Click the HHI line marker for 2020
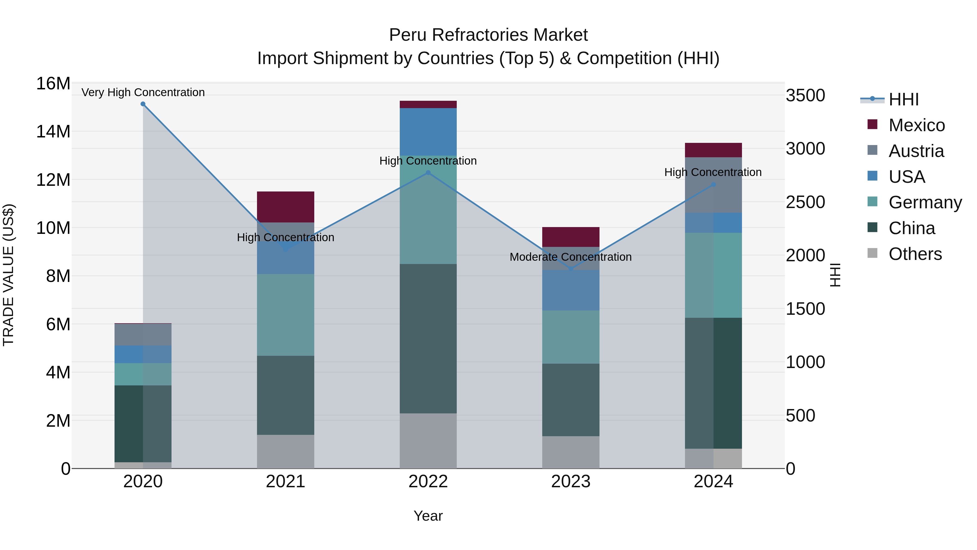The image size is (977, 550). [x=143, y=104]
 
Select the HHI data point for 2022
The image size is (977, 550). [x=428, y=173]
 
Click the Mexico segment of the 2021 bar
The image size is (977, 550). [x=286, y=207]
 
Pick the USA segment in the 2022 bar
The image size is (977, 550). [x=428, y=132]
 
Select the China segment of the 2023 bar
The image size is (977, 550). [x=571, y=400]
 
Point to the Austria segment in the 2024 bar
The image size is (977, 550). [x=713, y=185]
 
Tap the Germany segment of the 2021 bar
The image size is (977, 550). [x=286, y=315]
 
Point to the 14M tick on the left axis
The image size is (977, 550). [x=53, y=132]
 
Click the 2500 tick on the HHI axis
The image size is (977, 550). [x=805, y=202]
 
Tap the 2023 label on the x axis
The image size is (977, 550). [x=571, y=482]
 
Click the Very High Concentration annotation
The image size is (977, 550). [x=143, y=92]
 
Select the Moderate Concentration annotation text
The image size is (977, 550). [x=571, y=257]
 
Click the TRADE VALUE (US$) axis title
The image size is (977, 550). [x=8, y=275]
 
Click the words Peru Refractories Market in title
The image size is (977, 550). [x=488, y=35]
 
